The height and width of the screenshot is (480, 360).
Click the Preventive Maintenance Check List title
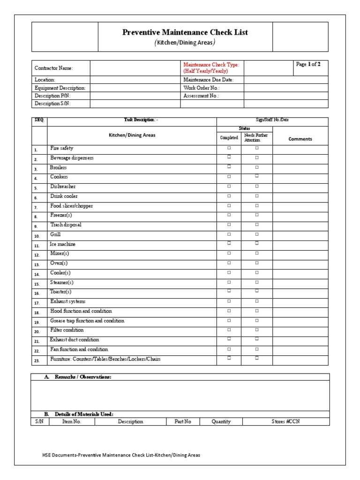coord(185,32)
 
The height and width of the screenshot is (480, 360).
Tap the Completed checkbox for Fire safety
coord(229,148)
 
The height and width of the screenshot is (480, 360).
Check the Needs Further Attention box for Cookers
coord(257,177)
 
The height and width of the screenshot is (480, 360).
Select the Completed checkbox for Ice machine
coord(229,243)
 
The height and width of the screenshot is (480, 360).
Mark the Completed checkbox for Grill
coord(229,234)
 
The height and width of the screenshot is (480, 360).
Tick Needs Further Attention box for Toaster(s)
coord(257,291)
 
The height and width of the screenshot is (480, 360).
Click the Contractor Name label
coord(54,68)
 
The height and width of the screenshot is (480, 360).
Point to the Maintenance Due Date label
coord(208,80)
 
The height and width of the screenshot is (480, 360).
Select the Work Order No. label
coord(202,88)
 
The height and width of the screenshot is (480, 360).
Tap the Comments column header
coord(300,139)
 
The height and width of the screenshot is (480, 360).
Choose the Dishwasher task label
coord(63,187)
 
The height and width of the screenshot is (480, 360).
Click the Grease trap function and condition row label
coord(87,321)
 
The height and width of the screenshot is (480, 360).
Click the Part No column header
coord(183,421)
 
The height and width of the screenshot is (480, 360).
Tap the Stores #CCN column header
coord(285,421)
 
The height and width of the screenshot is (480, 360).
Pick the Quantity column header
coord(221,421)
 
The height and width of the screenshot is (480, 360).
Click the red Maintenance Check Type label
coord(211,68)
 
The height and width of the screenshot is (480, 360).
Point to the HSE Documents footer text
coord(121,455)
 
